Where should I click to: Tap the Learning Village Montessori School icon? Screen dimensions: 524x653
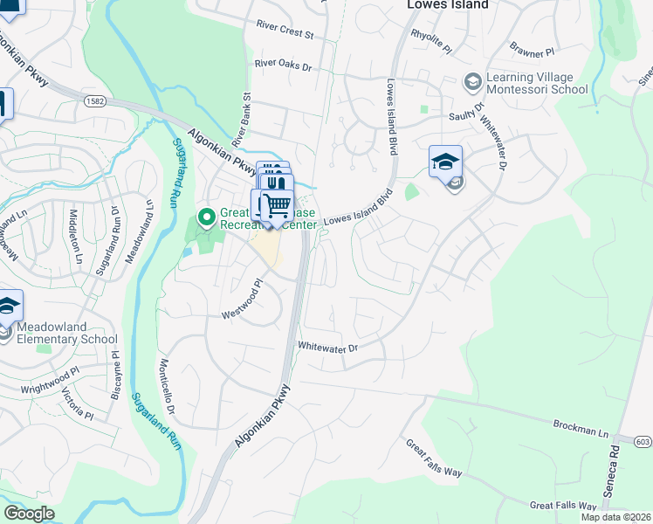[x=472, y=82]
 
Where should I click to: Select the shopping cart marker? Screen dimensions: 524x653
[x=275, y=207]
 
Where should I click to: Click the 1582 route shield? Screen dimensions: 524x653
[x=96, y=102]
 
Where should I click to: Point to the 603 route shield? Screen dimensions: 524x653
[x=641, y=443]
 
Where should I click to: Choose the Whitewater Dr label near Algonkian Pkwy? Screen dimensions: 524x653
[x=328, y=348]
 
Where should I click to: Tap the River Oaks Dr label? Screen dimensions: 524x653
[x=283, y=64]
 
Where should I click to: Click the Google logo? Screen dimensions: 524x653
[x=30, y=514]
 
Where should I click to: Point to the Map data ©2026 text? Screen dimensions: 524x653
[x=615, y=517]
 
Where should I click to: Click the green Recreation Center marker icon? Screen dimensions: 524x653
[x=207, y=215]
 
